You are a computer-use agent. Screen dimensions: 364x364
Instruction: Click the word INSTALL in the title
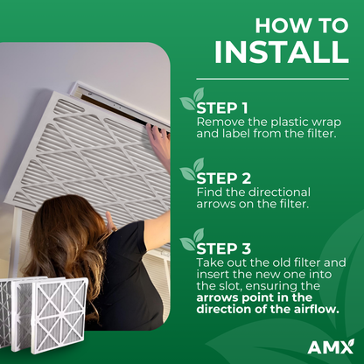[x=282, y=52]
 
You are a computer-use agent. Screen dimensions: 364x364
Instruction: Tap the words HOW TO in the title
[x=302, y=25]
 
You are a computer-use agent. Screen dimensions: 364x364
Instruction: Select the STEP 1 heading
[x=222, y=108]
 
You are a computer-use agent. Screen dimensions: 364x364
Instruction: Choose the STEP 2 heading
[x=224, y=178]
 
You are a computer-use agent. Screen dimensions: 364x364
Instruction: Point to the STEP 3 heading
[x=224, y=248]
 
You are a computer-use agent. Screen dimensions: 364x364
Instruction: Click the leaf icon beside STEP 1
[x=192, y=99]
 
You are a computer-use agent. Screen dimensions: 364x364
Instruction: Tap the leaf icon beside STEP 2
[x=192, y=169]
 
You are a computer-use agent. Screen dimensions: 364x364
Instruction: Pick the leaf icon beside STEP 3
[x=192, y=240]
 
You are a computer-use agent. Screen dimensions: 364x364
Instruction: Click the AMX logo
[x=331, y=346]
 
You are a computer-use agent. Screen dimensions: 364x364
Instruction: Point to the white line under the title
[x=272, y=79]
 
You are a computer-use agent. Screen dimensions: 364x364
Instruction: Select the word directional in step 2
[x=279, y=192]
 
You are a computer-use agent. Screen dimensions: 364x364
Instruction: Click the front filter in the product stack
[x=59, y=316]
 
